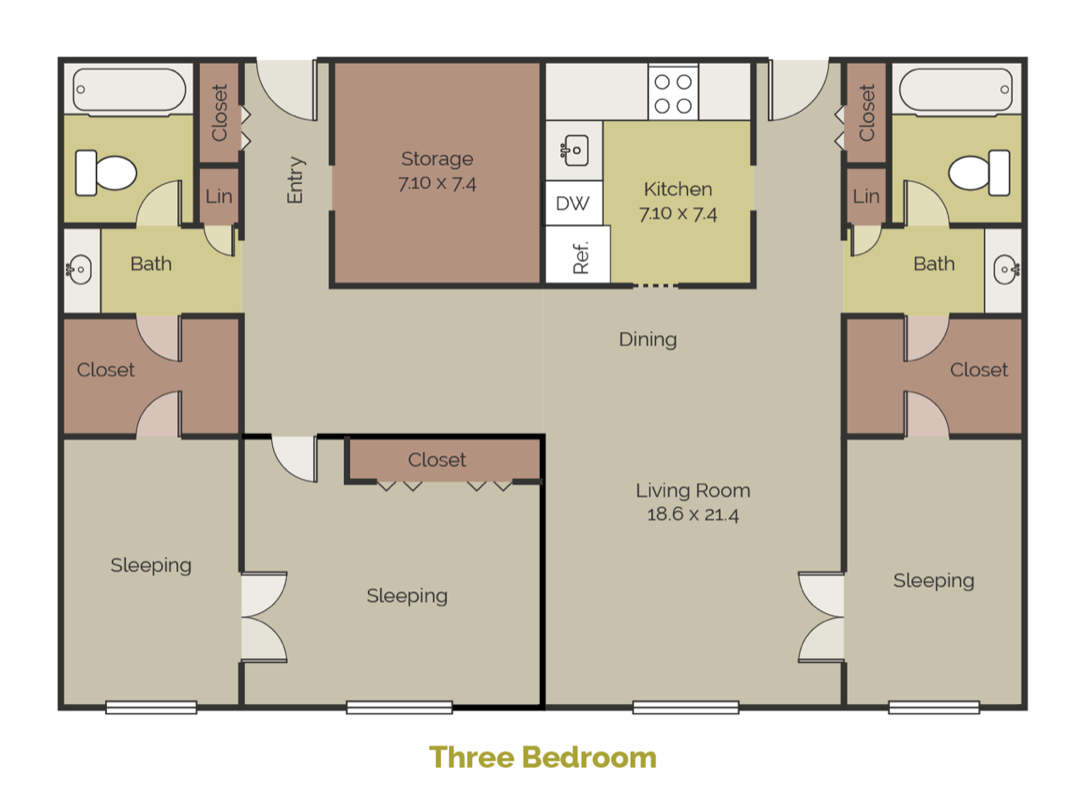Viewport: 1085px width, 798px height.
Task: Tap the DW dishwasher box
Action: pyautogui.click(x=573, y=204)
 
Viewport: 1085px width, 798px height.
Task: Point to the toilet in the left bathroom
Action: pyautogui.click(x=106, y=172)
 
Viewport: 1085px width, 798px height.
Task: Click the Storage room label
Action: pyautogui.click(x=437, y=159)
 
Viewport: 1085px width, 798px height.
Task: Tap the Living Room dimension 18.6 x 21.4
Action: pyautogui.click(x=693, y=514)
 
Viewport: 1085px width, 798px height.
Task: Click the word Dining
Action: pyautogui.click(x=648, y=340)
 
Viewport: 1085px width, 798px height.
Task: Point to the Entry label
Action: pyautogui.click(x=295, y=180)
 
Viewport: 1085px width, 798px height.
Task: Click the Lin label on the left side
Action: pyautogui.click(x=219, y=197)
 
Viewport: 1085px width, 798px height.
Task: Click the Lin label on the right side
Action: pyautogui.click(x=866, y=197)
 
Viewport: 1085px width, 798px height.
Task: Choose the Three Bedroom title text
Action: pyautogui.click(x=542, y=756)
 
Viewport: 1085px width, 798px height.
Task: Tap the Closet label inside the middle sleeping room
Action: pyautogui.click(x=437, y=460)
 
